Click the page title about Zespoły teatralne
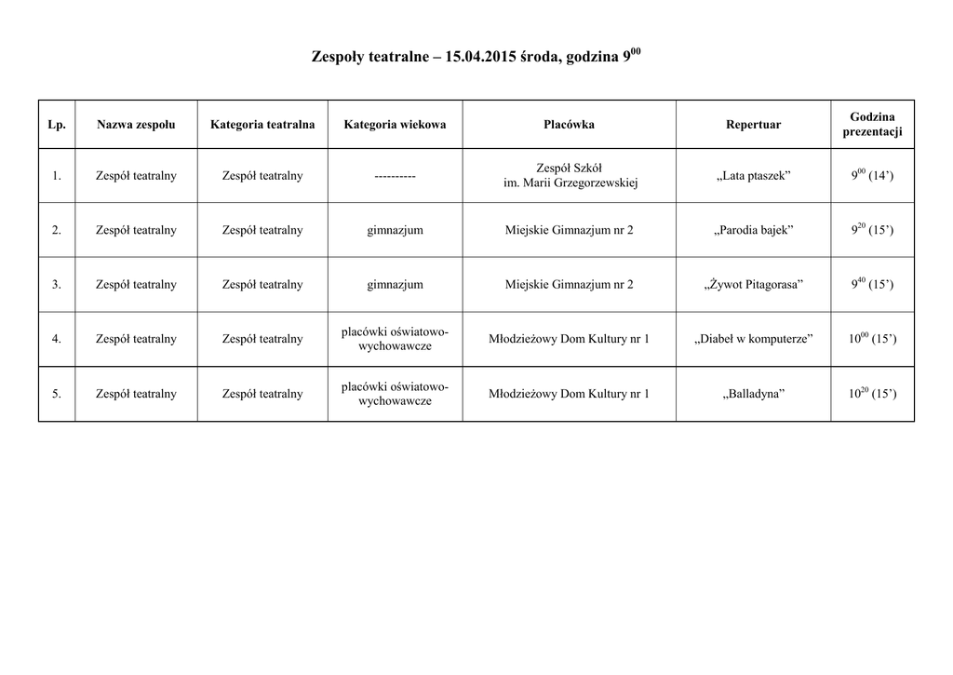pyautogui.click(x=476, y=58)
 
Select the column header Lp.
pyautogui.click(x=57, y=124)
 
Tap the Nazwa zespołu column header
pyautogui.click(x=136, y=124)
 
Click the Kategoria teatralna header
pyautogui.click(x=262, y=124)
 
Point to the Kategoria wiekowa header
pyautogui.click(x=395, y=124)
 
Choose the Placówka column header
pyautogui.click(x=569, y=124)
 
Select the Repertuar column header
pyautogui.click(x=753, y=124)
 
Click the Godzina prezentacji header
pyautogui.click(x=872, y=124)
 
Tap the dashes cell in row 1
pyautogui.click(x=395, y=176)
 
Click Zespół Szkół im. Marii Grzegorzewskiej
pyautogui.click(x=569, y=176)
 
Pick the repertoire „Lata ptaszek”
pyautogui.click(x=753, y=176)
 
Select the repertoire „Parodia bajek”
pyautogui.click(x=753, y=230)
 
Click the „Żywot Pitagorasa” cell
pyautogui.click(x=753, y=284)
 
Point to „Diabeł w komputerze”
pyautogui.click(x=753, y=339)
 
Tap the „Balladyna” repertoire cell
pyautogui.click(x=753, y=394)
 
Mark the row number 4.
pyautogui.click(x=57, y=339)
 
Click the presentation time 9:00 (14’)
pyautogui.click(x=872, y=176)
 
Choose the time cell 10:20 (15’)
pyautogui.click(x=872, y=394)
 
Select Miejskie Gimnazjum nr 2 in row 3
pyautogui.click(x=569, y=284)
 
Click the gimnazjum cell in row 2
pyautogui.click(x=395, y=230)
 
